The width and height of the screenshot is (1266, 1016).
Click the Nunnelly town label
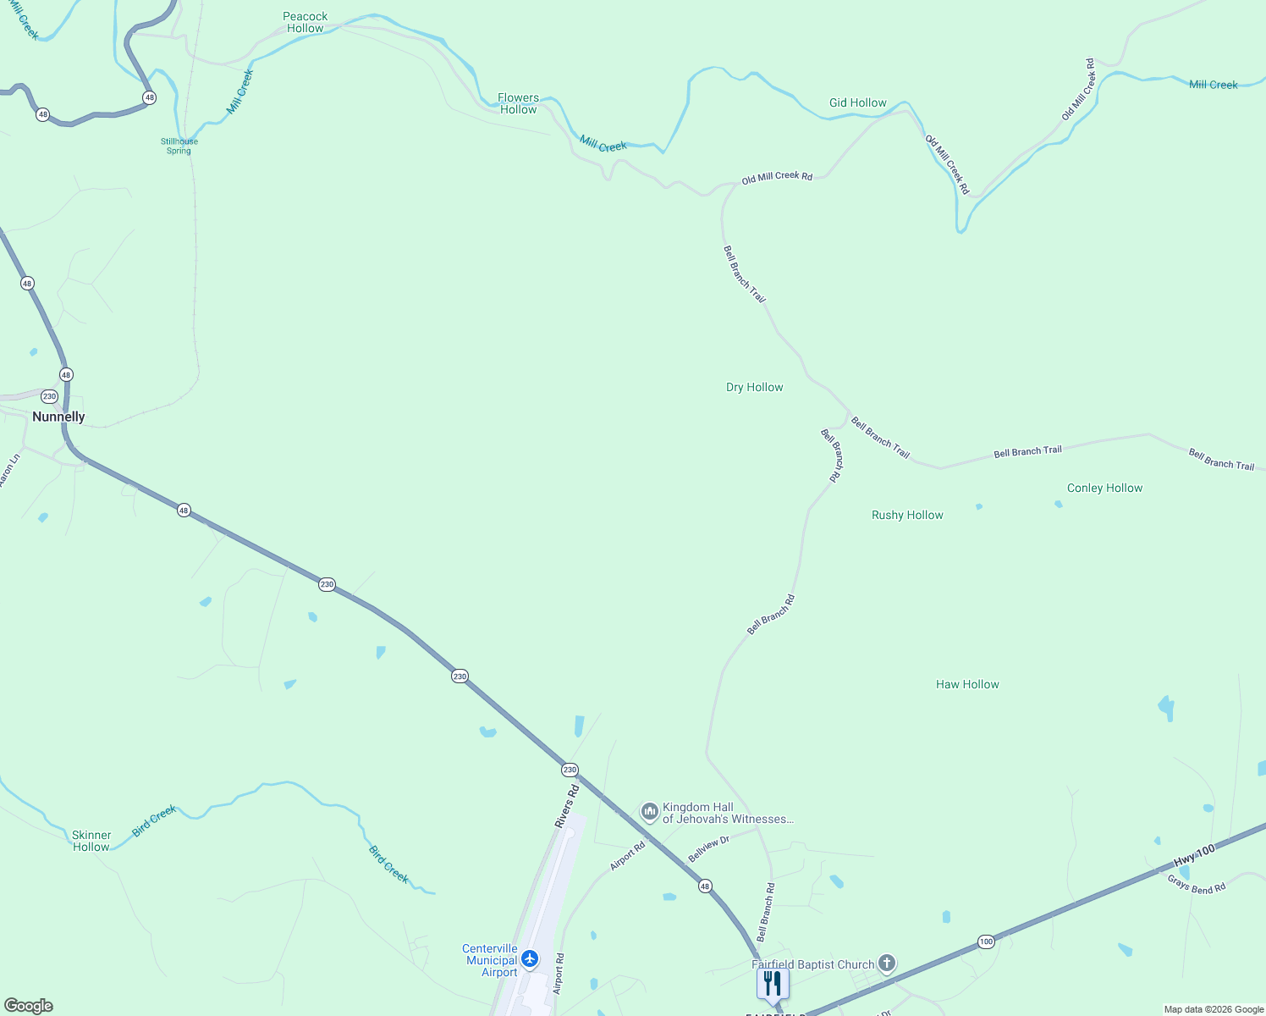pyautogui.click(x=58, y=417)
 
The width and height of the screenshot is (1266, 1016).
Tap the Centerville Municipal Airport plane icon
pyautogui.click(x=530, y=958)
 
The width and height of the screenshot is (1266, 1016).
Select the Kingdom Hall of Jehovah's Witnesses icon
pyautogui.click(x=650, y=812)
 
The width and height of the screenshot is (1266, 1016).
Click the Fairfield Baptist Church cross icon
pyautogui.click(x=886, y=964)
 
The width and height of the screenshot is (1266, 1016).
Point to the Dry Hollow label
pyautogui.click(x=754, y=387)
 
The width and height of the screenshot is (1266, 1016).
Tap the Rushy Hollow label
pyautogui.click(x=907, y=515)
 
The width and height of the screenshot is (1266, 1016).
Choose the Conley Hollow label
pyautogui.click(x=1104, y=488)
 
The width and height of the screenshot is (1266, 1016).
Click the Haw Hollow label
pyautogui.click(x=967, y=684)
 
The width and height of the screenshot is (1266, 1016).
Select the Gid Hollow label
pyautogui.click(x=857, y=102)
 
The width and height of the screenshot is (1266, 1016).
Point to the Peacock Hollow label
pyautogui.click(x=305, y=22)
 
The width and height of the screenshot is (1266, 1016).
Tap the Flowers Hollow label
pyautogui.click(x=518, y=103)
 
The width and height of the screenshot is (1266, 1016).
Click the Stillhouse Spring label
pyautogui.click(x=179, y=146)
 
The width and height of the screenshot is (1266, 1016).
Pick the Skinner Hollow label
pyautogui.click(x=91, y=841)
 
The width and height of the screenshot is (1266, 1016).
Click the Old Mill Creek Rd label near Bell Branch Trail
pyautogui.click(x=777, y=177)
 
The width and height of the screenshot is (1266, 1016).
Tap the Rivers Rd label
pyautogui.click(x=567, y=806)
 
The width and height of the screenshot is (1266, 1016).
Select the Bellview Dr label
pyautogui.click(x=708, y=848)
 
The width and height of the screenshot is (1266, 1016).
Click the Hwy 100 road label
pyautogui.click(x=1194, y=855)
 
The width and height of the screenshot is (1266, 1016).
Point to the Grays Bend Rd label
pyautogui.click(x=1197, y=885)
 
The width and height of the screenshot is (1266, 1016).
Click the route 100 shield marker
pyautogui.click(x=986, y=941)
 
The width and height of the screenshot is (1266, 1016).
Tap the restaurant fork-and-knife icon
pyautogui.click(x=772, y=983)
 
